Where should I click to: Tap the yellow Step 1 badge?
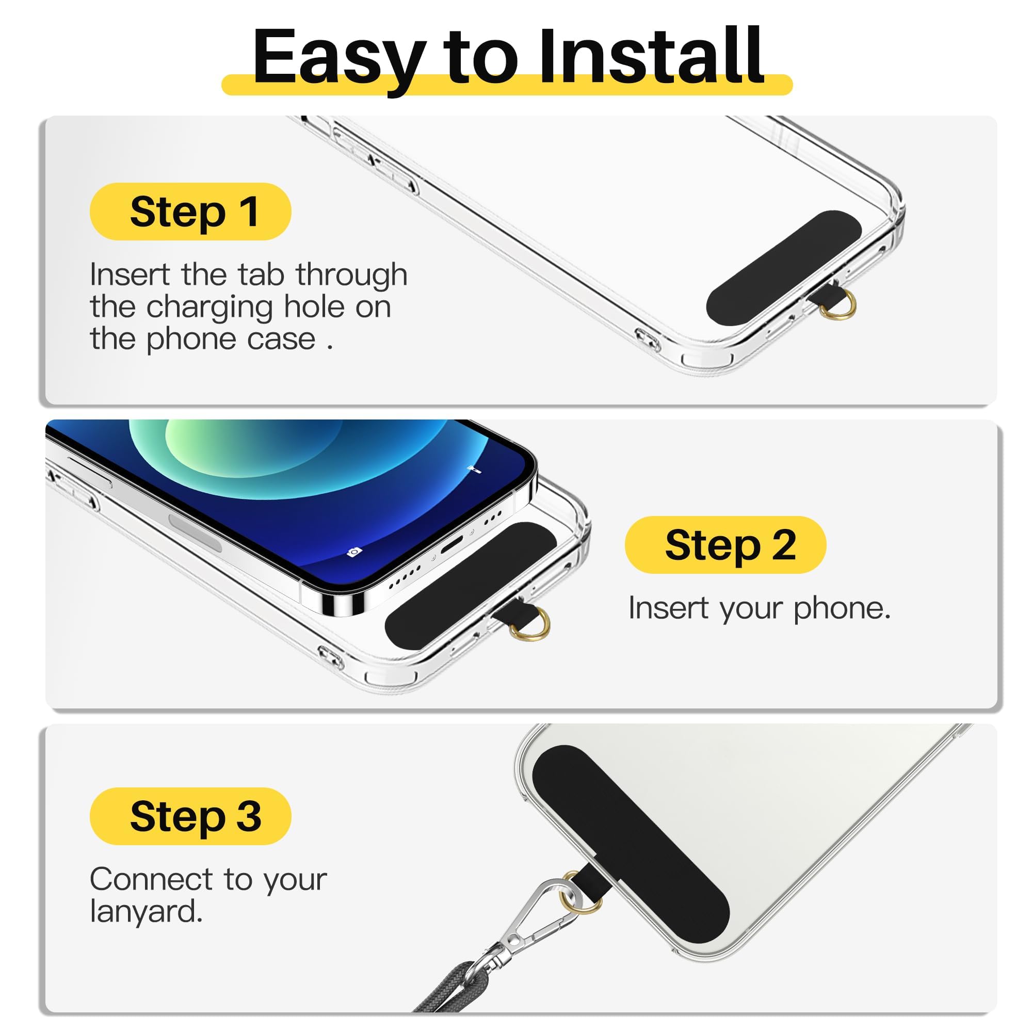[190, 212]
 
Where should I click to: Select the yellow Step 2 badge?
[725, 545]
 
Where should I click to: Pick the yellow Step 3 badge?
[190, 817]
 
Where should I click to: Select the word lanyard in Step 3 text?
[146, 911]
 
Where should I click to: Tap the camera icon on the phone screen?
[353, 552]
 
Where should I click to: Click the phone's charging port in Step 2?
[452, 544]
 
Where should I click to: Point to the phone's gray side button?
[195, 532]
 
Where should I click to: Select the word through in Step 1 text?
[351, 275]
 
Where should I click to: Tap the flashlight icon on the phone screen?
[474, 470]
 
